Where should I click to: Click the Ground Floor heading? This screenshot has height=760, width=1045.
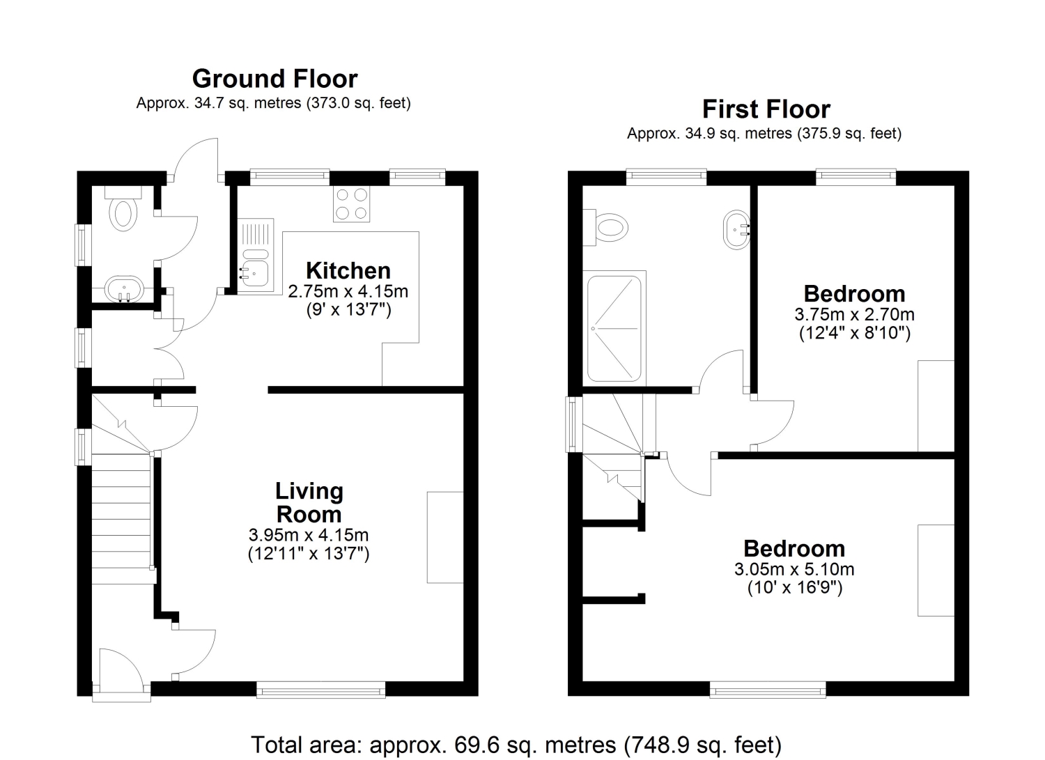coord(274,79)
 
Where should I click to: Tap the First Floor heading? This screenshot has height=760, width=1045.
coord(766,109)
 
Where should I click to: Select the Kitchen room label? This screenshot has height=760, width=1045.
coord(348,270)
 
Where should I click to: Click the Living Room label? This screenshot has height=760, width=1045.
coord(309,502)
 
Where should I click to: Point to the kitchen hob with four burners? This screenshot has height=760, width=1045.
coord(351,204)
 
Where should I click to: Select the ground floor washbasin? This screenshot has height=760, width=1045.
coord(124,289)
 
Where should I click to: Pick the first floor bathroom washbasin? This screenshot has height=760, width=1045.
coord(736,230)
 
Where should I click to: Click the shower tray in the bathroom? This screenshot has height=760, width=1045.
coord(614,328)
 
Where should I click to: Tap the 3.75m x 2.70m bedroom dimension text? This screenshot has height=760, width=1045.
coord(854,315)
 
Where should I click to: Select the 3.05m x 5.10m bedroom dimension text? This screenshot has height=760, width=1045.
coord(794,569)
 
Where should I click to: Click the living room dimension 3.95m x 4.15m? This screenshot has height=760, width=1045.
coord(309,535)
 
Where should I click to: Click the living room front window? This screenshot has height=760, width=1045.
coord(321,690)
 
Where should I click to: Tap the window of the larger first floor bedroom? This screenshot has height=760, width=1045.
coord(768,690)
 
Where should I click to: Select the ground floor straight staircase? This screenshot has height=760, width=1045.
coord(121,518)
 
